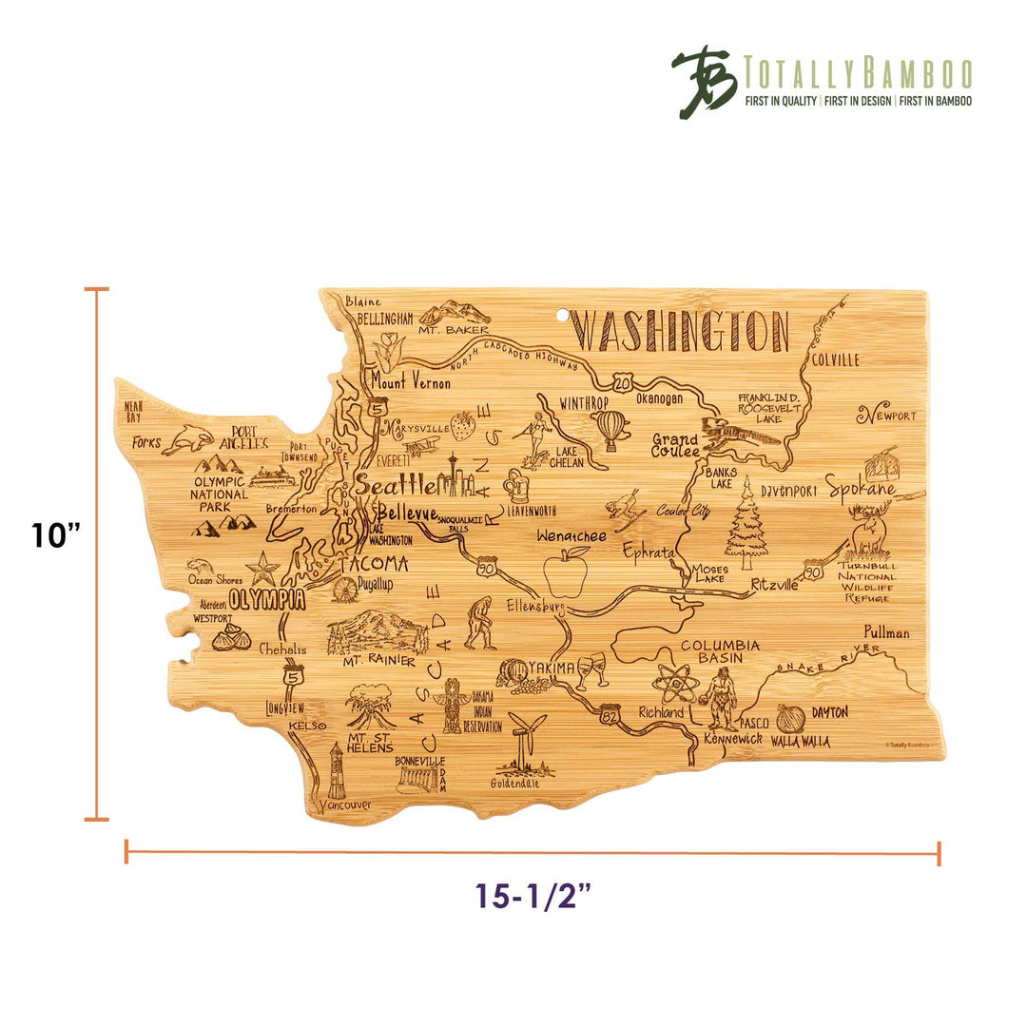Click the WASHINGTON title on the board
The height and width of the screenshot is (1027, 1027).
(683, 332)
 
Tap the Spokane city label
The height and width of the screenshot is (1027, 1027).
(861, 489)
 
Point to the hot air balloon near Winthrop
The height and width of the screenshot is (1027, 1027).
(612, 430)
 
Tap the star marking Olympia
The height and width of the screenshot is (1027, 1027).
(262, 569)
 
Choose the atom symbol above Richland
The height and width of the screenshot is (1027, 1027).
(675, 681)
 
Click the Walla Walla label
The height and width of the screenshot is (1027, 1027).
(799, 741)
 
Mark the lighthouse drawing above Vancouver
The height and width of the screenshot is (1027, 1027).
(335, 770)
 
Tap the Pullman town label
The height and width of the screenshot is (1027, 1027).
(886, 632)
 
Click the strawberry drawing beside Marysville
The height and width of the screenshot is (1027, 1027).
(463, 425)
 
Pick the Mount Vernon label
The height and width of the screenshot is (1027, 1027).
(411, 383)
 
